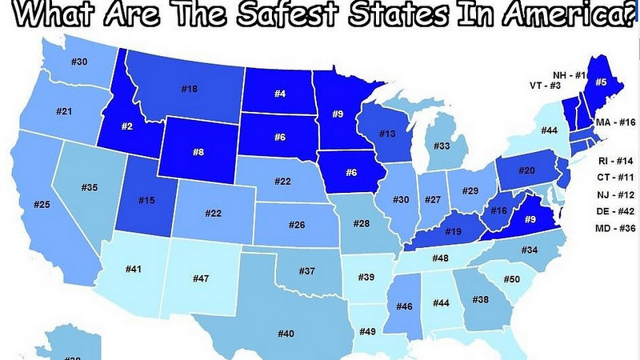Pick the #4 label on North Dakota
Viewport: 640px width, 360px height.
[x=280, y=94]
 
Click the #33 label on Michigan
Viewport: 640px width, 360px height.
[x=442, y=146]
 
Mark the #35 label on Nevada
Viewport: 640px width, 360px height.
[x=90, y=187]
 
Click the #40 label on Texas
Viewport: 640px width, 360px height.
[x=286, y=333]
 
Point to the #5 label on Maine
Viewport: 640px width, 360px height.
[x=601, y=81]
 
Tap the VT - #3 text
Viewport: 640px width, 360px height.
[x=549, y=86]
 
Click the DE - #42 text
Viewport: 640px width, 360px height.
[x=616, y=212]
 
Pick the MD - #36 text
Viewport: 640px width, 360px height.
[x=616, y=229]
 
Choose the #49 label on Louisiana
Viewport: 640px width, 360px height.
[x=368, y=330]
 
